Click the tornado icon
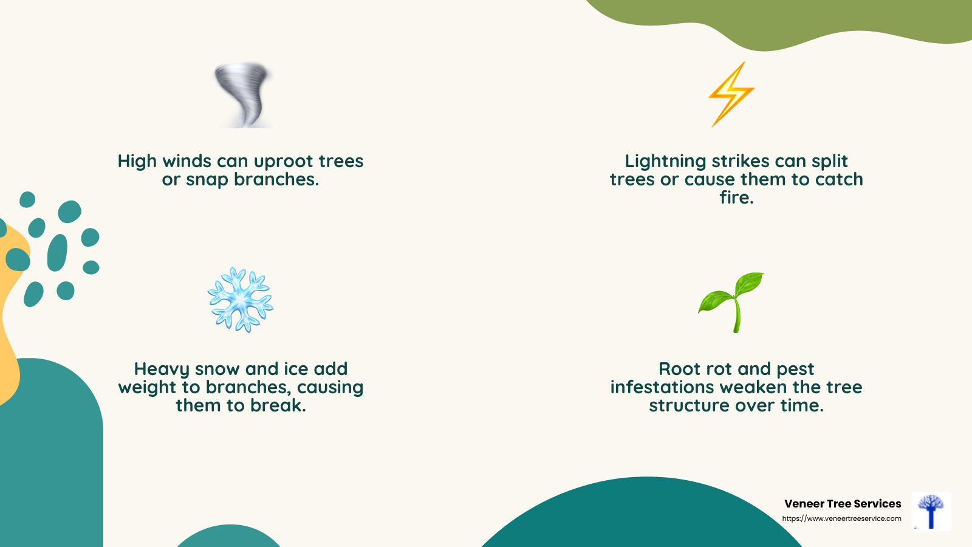click(243, 94)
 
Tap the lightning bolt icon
click(731, 94)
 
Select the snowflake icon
click(241, 300)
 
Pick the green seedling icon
click(732, 302)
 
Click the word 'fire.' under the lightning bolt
click(736, 198)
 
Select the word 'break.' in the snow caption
click(279, 405)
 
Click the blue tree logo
click(931, 511)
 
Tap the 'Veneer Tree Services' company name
click(843, 504)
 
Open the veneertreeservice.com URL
click(841, 518)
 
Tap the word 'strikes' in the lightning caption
click(740, 162)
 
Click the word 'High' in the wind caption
click(137, 162)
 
